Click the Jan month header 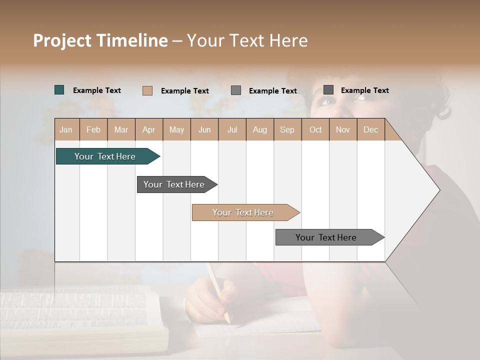pyautogui.click(x=66, y=130)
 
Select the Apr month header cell pyautogui.click(x=149, y=130)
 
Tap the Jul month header pyautogui.click(x=232, y=130)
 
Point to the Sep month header pyautogui.click(x=287, y=130)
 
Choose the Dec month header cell pyautogui.click(x=370, y=130)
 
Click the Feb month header pyautogui.click(x=93, y=130)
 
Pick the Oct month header pyautogui.click(x=315, y=130)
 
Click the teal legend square pyautogui.click(x=59, y=90)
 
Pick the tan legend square pyautogui.click(x=147, y=90)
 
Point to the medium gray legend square pyautogui.click(x=236, y=90)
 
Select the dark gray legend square pyautogui.click(x=328, y=90)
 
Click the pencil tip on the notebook pyautogui.click(x=228, y=320)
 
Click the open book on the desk pyautogui.click(x=80, y=320)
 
